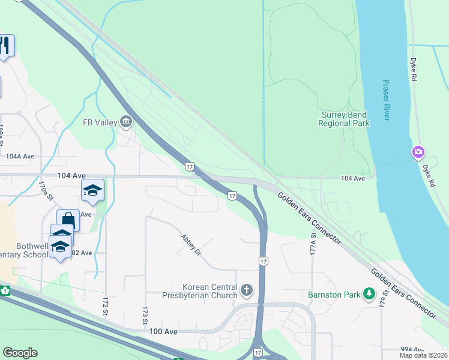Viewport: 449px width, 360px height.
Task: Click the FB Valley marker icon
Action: click(127, 122)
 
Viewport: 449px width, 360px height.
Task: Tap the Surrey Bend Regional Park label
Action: click(344, 119)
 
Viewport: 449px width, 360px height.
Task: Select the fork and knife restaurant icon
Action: click(5, 46)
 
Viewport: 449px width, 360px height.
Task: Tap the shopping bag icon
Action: click(68, 220)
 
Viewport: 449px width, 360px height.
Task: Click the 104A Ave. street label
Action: click(21, 156)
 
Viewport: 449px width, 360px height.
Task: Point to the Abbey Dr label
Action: click(191, 244)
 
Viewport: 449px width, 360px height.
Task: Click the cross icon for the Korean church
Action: click(246, 291)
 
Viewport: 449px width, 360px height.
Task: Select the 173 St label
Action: click(145, 316)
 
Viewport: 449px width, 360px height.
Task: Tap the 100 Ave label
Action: click(164, 331)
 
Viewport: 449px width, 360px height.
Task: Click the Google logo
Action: click(20, 353)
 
